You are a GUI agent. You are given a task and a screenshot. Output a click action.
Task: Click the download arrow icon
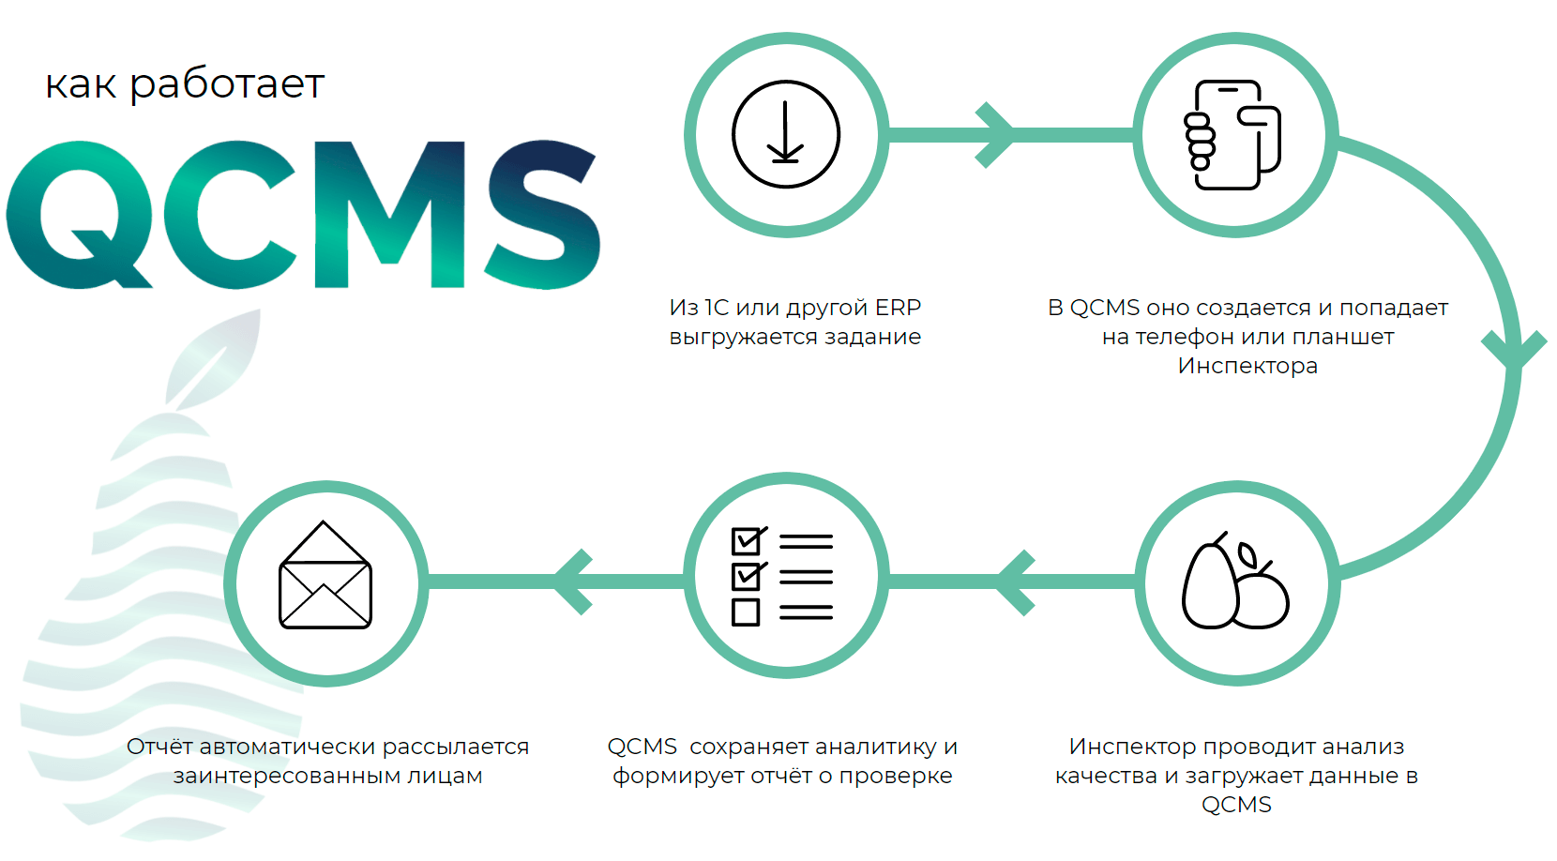pos(786,134)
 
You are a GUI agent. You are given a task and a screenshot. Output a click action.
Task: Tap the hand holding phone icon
pos(1233,135)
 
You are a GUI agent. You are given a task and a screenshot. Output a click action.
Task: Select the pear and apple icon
pos(1235,582)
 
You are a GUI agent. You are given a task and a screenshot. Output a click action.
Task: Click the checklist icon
pos(782,577)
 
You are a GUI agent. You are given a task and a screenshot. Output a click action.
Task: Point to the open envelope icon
pos(325,576)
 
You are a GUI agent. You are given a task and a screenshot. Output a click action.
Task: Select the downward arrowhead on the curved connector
pos(1514,349)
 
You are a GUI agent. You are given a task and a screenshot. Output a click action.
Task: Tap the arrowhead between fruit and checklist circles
pos(1016,582)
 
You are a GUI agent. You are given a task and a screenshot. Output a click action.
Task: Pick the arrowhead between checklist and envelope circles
pos(572,582)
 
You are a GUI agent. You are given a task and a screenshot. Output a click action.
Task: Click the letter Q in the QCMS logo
pos(79,215)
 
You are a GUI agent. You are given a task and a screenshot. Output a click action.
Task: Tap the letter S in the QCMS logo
pos(542,214)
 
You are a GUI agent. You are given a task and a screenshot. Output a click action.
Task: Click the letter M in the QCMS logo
pos(390,215)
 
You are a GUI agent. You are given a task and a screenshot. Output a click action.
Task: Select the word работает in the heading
pos(226,84)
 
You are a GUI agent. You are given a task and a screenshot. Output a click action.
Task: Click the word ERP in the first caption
pos(898,308)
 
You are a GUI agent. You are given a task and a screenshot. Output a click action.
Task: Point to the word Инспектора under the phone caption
pos(1247,366)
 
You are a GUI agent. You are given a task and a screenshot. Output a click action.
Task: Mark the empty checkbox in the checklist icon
pos(746,612)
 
